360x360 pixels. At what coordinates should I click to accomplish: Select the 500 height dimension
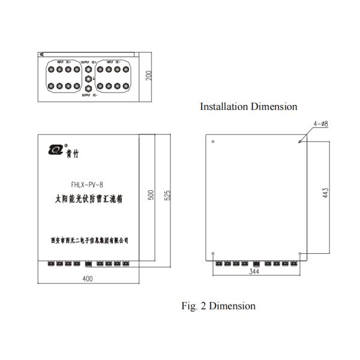point(151,194)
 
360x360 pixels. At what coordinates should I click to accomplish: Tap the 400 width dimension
point(89,279)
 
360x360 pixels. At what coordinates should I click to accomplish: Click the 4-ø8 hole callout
point(320,124)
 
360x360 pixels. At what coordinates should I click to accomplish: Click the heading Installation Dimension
point(248,107)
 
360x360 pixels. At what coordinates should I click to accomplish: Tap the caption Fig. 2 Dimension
point(218,306)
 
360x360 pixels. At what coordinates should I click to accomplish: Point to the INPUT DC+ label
point(64,62)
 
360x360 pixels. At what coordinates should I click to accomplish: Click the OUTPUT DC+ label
point(89,62)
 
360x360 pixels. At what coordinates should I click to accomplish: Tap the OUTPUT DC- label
point(89,95)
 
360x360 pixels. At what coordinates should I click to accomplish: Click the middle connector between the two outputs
point(89,79)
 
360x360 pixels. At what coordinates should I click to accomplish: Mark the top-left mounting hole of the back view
point(214,143)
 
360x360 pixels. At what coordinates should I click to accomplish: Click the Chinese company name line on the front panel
point(88,241)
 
